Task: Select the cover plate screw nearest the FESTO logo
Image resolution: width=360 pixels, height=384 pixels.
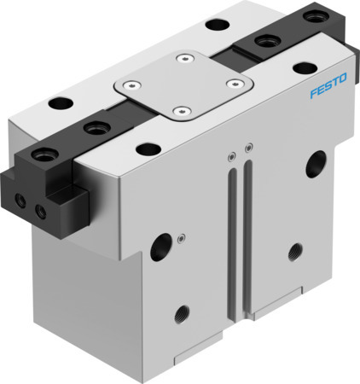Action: coord(232,83)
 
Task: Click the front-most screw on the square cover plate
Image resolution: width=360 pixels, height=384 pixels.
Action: coord(181,110)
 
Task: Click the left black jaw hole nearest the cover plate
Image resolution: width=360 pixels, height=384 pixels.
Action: coord(91,128)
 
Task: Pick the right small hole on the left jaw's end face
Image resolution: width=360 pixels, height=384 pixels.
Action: coord(36,207)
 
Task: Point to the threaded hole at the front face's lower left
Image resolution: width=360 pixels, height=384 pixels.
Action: coord(181,314)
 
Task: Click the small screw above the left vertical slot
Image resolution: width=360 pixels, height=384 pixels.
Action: coord(229,155)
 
